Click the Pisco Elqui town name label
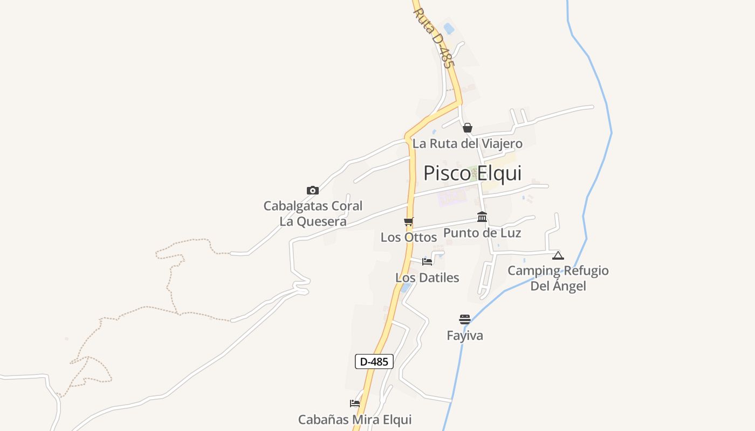click(x=472, y=173)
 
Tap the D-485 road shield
click(x=374, y=362)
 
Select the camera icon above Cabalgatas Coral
click(x=313, y=190)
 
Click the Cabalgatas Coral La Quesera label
click(x=313, y=213)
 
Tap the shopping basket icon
click(x=468, y=128)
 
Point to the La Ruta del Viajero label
click(x=468, y=144)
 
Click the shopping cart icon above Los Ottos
click(x=409, y=221)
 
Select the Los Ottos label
click(x=409, y=237)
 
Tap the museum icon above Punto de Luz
click(x=482, y=217)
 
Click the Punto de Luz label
click(x=482, y=233)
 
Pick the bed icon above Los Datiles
click(x=427, y=262)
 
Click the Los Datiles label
click(x=427, y=278)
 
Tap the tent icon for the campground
click(x=558, y=255)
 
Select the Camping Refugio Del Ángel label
click(x=558, y=278)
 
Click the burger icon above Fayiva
click(x=465, y=319)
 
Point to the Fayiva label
click(x=465, y=336)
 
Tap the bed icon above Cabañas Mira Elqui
click(x=355, y=403)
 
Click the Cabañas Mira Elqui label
click(x=355, y=420)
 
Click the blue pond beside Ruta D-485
click(x=449, y=28)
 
